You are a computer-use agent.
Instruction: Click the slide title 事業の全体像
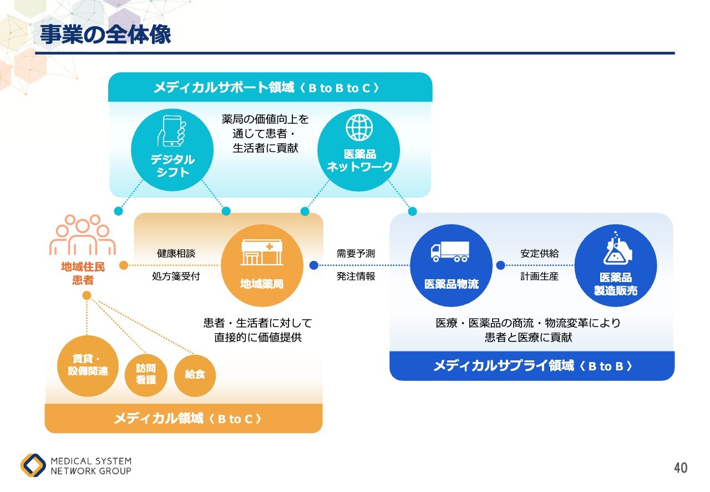[x=105, y=34]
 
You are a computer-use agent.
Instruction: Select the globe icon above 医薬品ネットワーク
[x=359, y=127]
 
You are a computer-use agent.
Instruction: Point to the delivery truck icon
[x=450, y=251]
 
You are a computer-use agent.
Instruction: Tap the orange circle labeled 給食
[x=195, y=374]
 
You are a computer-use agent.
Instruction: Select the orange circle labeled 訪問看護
[x=145, y=374]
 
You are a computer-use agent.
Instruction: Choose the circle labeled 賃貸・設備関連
[x=88, y=366]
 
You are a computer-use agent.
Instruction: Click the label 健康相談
[x=176, y=254]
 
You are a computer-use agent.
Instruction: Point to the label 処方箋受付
[x=176, y=276]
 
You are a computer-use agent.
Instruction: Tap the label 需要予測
[x=356, y=254]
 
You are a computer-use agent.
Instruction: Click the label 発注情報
[x=356, y=276]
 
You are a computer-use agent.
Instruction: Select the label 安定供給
[x=539, y=254]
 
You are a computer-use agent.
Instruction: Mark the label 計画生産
[x=539, y=276]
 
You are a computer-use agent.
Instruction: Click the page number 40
[x=681, y=468]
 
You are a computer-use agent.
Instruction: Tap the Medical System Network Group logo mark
[x=33, y=465]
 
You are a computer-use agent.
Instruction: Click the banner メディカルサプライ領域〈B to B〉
[x=532, y=366]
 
